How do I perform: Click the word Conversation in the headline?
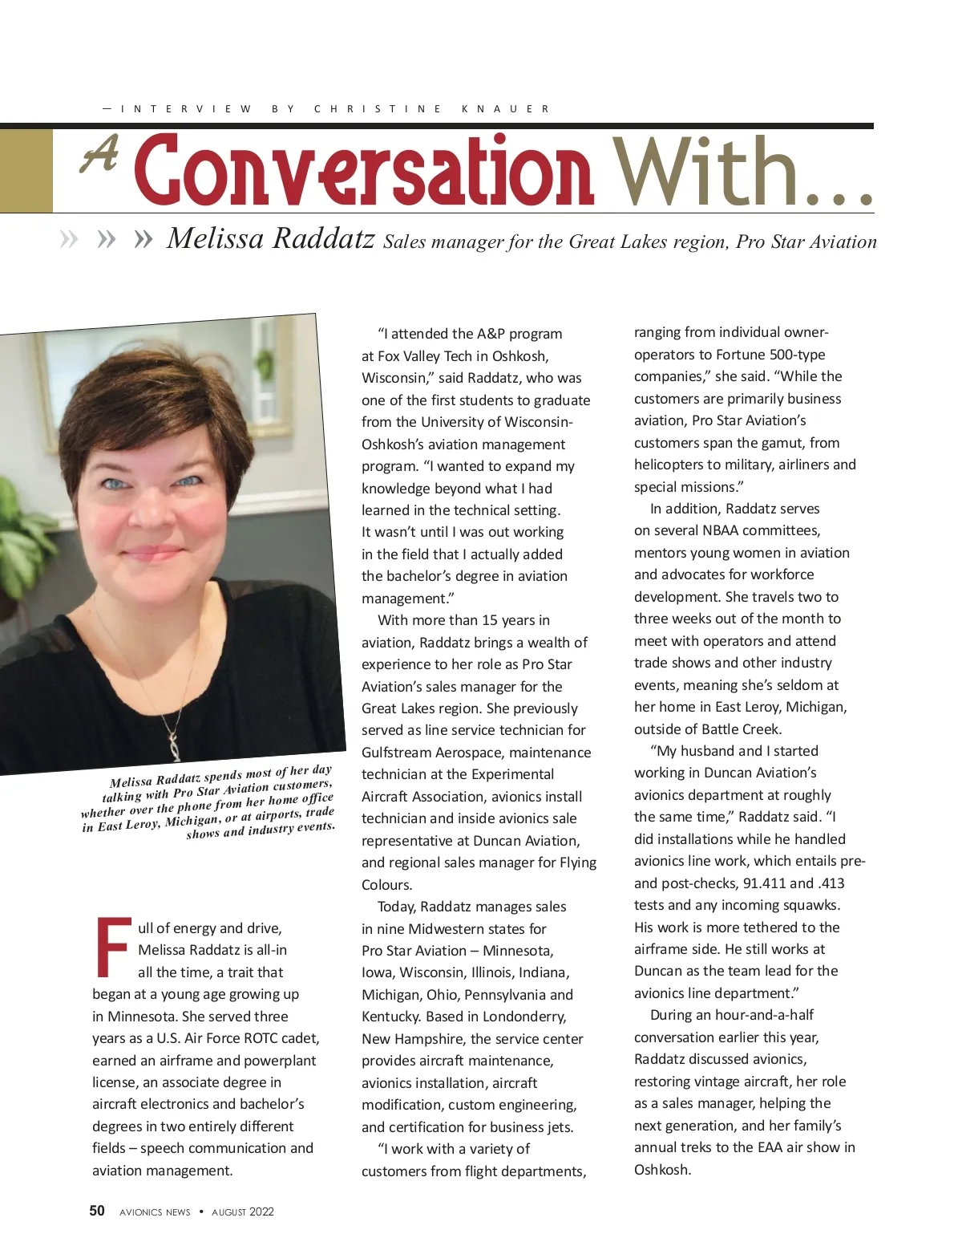coord(365,170)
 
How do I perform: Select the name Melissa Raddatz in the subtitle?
coord(270,238)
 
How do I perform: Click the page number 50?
coord(97,1211)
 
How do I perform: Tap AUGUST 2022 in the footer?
coord(243,1212)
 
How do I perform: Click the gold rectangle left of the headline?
coord(26,170)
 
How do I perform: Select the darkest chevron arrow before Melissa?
coord(143,239)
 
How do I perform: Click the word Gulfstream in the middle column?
coord(394,753)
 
